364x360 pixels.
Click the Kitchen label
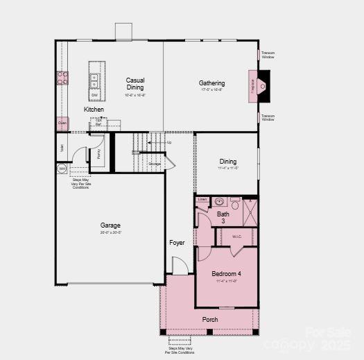[94, 110]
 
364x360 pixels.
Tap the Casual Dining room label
[135, 84]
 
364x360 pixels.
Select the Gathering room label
[211, 83]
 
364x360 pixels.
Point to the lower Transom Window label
[268, 117]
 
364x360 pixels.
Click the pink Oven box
[62, 123]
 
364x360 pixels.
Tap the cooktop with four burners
[62, 78]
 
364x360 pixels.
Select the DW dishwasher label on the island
[94, 96]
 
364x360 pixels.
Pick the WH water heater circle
[62, 169]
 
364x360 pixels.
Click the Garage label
[110, 225]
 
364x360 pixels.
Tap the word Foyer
[177, 243]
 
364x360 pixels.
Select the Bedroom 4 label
[226, 274]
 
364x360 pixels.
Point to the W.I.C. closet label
[237, 236]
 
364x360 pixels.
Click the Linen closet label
[202, 200]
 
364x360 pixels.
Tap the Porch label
[210, 320]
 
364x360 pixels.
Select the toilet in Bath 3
[235, 204]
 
